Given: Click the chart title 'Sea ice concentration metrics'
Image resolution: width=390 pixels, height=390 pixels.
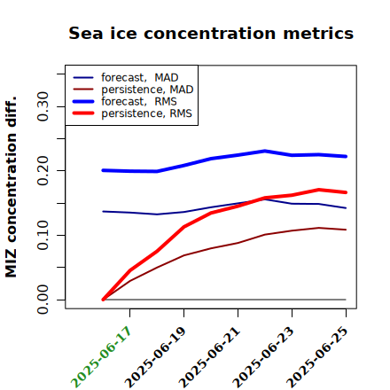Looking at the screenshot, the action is point(211,33).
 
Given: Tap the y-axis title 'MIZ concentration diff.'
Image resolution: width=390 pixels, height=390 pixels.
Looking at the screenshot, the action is point(11,187).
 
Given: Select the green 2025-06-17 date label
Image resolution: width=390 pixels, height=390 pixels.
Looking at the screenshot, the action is point(101,357).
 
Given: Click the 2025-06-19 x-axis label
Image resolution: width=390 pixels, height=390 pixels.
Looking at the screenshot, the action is point(155,357).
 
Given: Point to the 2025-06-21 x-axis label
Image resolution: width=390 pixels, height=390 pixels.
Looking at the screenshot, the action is point(209,357).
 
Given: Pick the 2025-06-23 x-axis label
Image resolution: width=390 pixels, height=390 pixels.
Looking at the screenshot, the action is point(263,357).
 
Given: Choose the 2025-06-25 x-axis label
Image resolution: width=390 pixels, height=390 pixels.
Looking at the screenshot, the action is point(317,357).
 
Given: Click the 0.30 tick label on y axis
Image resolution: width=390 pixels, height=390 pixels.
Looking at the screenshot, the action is point(43,106).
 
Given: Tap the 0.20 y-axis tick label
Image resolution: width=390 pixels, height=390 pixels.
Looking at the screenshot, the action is point(43,171).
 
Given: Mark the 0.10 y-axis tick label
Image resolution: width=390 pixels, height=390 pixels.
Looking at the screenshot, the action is point(43,235).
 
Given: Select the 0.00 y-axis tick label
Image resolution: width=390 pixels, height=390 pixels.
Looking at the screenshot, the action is point(43,300).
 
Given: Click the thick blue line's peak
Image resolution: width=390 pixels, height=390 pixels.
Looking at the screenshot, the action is point(265,151).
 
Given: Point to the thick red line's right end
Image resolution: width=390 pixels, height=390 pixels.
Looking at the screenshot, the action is point(346,192).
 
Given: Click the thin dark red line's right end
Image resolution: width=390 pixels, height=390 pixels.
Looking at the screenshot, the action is point(346,230).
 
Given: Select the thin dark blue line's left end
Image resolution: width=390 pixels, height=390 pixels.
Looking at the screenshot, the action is point(103,211).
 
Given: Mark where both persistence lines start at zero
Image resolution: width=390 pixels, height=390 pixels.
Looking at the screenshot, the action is point(103,300).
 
